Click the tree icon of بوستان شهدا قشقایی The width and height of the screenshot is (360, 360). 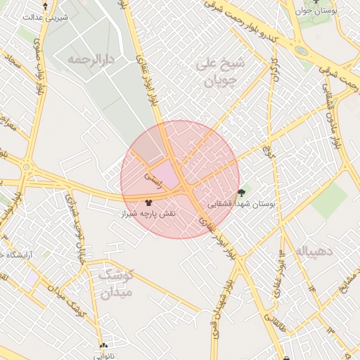(x=243, y=192)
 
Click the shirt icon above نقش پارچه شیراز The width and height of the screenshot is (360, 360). (x=148, y=201)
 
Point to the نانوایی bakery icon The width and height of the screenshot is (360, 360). (x=104, y=346)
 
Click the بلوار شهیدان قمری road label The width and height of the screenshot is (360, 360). (x=224, y=312)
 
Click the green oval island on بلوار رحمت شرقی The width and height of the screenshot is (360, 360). (x=301, y=51)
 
